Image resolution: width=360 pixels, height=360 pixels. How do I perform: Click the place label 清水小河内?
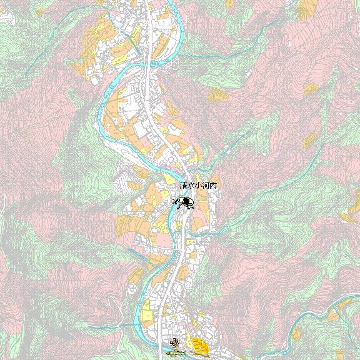tap(198, 186)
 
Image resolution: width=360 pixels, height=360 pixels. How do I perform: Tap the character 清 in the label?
tap(183, 186)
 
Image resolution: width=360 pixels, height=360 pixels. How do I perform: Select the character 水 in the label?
tap(191, 186)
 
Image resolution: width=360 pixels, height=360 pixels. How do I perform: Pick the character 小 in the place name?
tap(198, 186)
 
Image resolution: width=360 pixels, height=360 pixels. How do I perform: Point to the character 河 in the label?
tap(206, 186)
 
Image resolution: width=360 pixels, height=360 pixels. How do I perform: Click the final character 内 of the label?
tap(213, 186)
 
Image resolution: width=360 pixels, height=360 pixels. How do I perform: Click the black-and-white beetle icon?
tap(184, 202)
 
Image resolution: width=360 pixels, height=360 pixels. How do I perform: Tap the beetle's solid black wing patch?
tap(187, 201)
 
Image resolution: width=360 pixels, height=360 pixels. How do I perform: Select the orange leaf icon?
tap(200, 344)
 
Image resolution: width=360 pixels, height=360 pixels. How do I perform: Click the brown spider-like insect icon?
tap(176, 342)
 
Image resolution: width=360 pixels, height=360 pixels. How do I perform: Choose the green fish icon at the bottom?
tap(176, 353)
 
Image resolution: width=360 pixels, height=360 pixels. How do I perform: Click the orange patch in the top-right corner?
tap(307, 7)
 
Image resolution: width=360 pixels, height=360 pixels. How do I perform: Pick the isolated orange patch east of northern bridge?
tap(218, 95)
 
